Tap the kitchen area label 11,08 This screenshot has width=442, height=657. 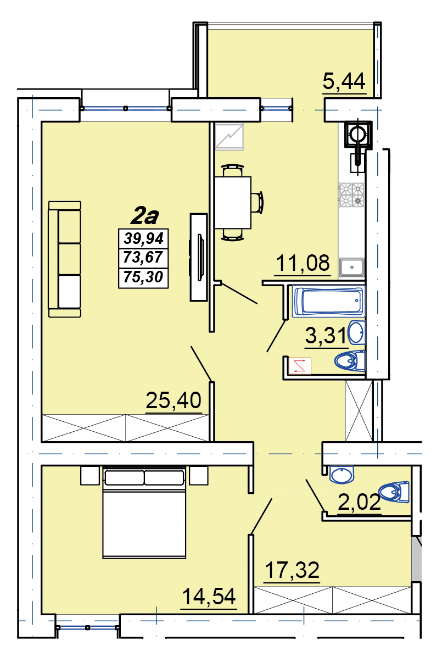303,263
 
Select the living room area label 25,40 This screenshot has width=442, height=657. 174,400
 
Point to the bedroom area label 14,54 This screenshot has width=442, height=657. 209,596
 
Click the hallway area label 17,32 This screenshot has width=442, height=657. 293,570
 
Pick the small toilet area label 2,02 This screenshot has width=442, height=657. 360,502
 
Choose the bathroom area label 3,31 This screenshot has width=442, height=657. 326,336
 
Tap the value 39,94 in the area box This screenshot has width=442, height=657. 143,238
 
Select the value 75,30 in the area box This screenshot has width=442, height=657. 143,277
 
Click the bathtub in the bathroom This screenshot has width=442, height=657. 328,300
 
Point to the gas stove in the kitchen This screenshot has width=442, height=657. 351,195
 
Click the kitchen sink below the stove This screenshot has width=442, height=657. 352,268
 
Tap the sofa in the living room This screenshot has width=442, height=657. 65,259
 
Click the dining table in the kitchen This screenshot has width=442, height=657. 233,202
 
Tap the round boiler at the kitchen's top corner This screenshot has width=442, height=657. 357,135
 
